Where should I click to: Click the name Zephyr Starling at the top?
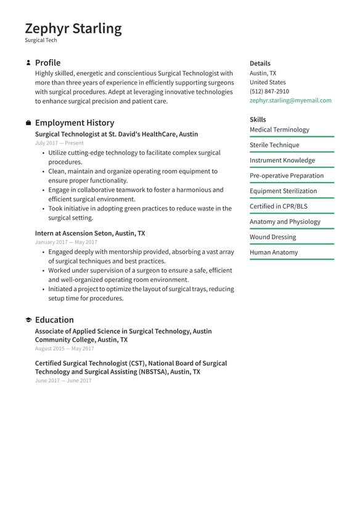(x=73, y=28)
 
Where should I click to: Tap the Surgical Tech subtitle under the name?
(x=41, y=41)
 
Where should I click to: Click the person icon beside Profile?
(x=28, y=63)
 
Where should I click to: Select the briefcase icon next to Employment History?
(x=28, y=123)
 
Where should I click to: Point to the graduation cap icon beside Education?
(x=28, y=320)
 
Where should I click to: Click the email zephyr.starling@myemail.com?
(x=290, y=101)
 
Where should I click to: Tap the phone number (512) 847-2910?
(x=269, y=91)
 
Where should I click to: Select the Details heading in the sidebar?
(x=260, y=64)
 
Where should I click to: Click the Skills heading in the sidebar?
(x=258, y=120)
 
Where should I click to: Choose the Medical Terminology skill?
(x=279, y=130)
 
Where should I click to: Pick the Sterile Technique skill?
(x=274, y=145)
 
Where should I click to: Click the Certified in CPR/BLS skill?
(x=278, y=206)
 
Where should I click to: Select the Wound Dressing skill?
(x=272, y=237)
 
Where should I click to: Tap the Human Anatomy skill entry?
(x=273, y=252)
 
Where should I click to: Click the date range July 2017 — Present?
(x=59, y=143)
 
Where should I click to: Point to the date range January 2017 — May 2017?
(x=66, y=242)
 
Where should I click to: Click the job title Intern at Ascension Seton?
(x=90, y=234)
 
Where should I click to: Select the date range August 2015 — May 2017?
(x=64, y=349)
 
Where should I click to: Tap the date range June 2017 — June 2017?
(x=63, y=381)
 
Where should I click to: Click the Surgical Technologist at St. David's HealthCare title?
(x=117, y=134)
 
